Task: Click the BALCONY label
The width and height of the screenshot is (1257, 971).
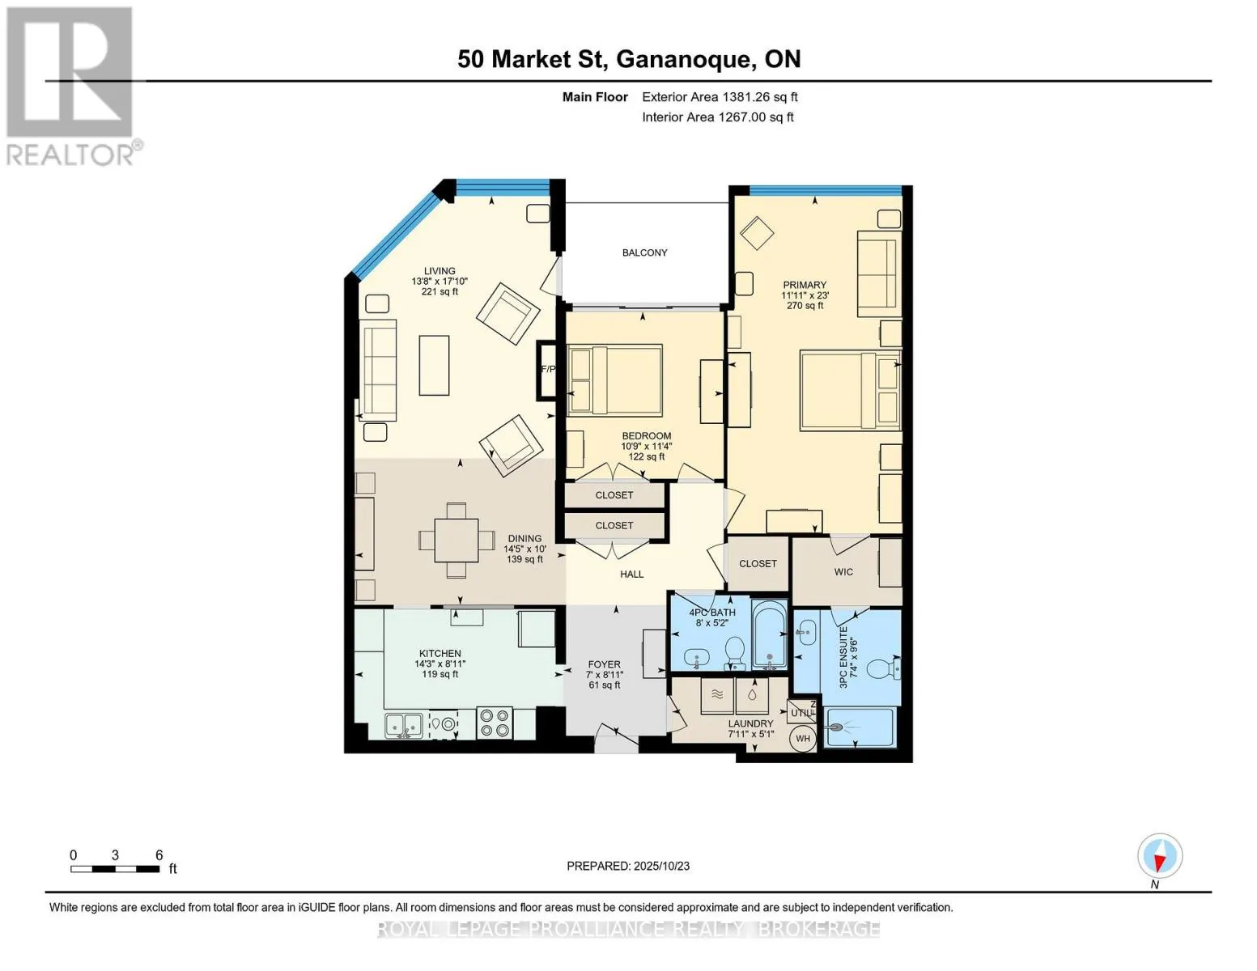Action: pyautogui.click(x=644, y=252)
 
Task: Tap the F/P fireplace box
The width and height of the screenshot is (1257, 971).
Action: pyautogui.click(x=547, y=370)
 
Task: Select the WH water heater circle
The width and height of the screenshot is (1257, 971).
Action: pyautogui.click(x=802, y=738)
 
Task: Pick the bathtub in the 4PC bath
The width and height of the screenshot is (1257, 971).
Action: pyautogui.click(x=768, y=634)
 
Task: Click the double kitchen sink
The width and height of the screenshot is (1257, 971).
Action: pyautogui.click(x=403, y=725)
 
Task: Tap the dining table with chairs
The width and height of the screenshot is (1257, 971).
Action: pyautogui.click(x=457, y=540)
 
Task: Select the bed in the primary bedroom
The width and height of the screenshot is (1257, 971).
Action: pyautogui.click(x=850, y=388)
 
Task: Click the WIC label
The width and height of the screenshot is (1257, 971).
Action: pyautogui.click(x=843, y=572)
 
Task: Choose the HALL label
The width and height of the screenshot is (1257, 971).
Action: pyautogui.click(x=631, y=575)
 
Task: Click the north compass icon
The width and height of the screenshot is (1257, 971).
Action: pyautogui.click(x=1160, y=856)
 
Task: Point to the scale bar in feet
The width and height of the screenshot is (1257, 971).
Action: pyautogui.click(x=115, y=869)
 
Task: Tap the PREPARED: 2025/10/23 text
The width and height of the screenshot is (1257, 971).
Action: pyautogui.click(x=628, y=866)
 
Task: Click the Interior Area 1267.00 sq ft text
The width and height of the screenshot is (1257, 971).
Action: pyautogui.click(x=717, y=117)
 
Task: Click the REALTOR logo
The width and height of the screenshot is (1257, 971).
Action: pyautogui.click(x=71, y=85)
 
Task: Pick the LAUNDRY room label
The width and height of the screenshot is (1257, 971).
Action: pyautogui.click(x=750, y=723)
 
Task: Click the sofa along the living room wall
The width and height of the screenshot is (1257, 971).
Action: pyautogui.click(x=378, y=370)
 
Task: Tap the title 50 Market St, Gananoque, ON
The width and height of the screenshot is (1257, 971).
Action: pyautogui.click(x=629, y=59)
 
